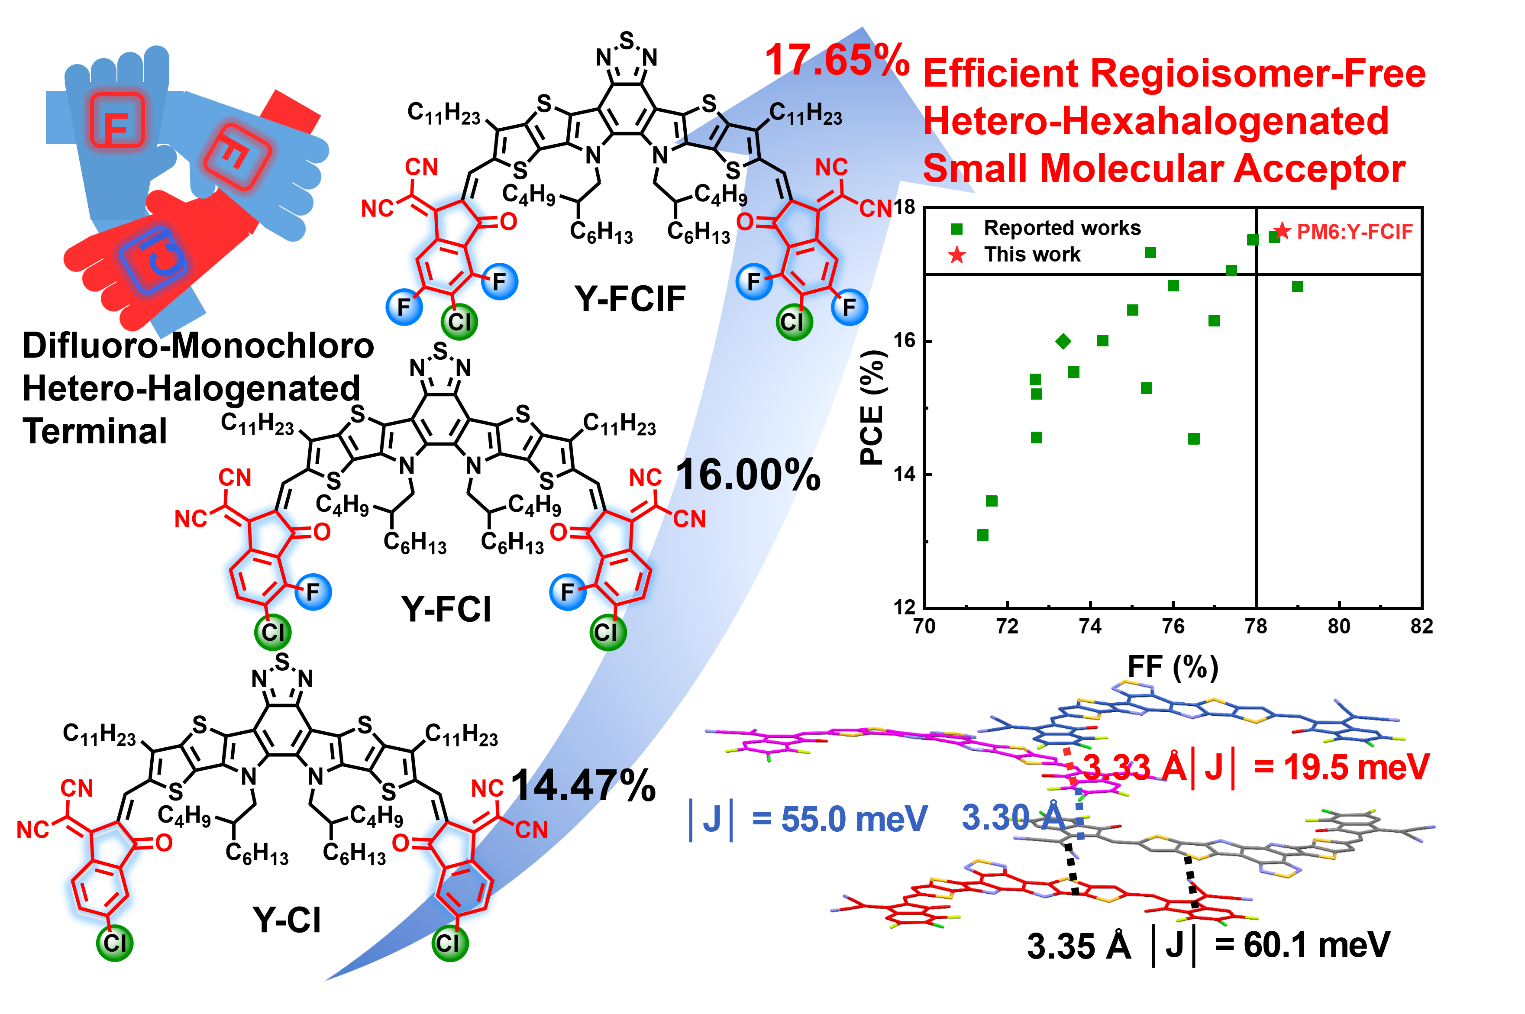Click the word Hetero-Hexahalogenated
click(x=1156, y=121)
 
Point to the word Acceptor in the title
click(x=1319, y=169)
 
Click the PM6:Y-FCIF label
click(x=1354, y=232)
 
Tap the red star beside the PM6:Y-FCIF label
click(x=1283, y=230)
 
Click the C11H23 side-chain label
click(x=806, y=114)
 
